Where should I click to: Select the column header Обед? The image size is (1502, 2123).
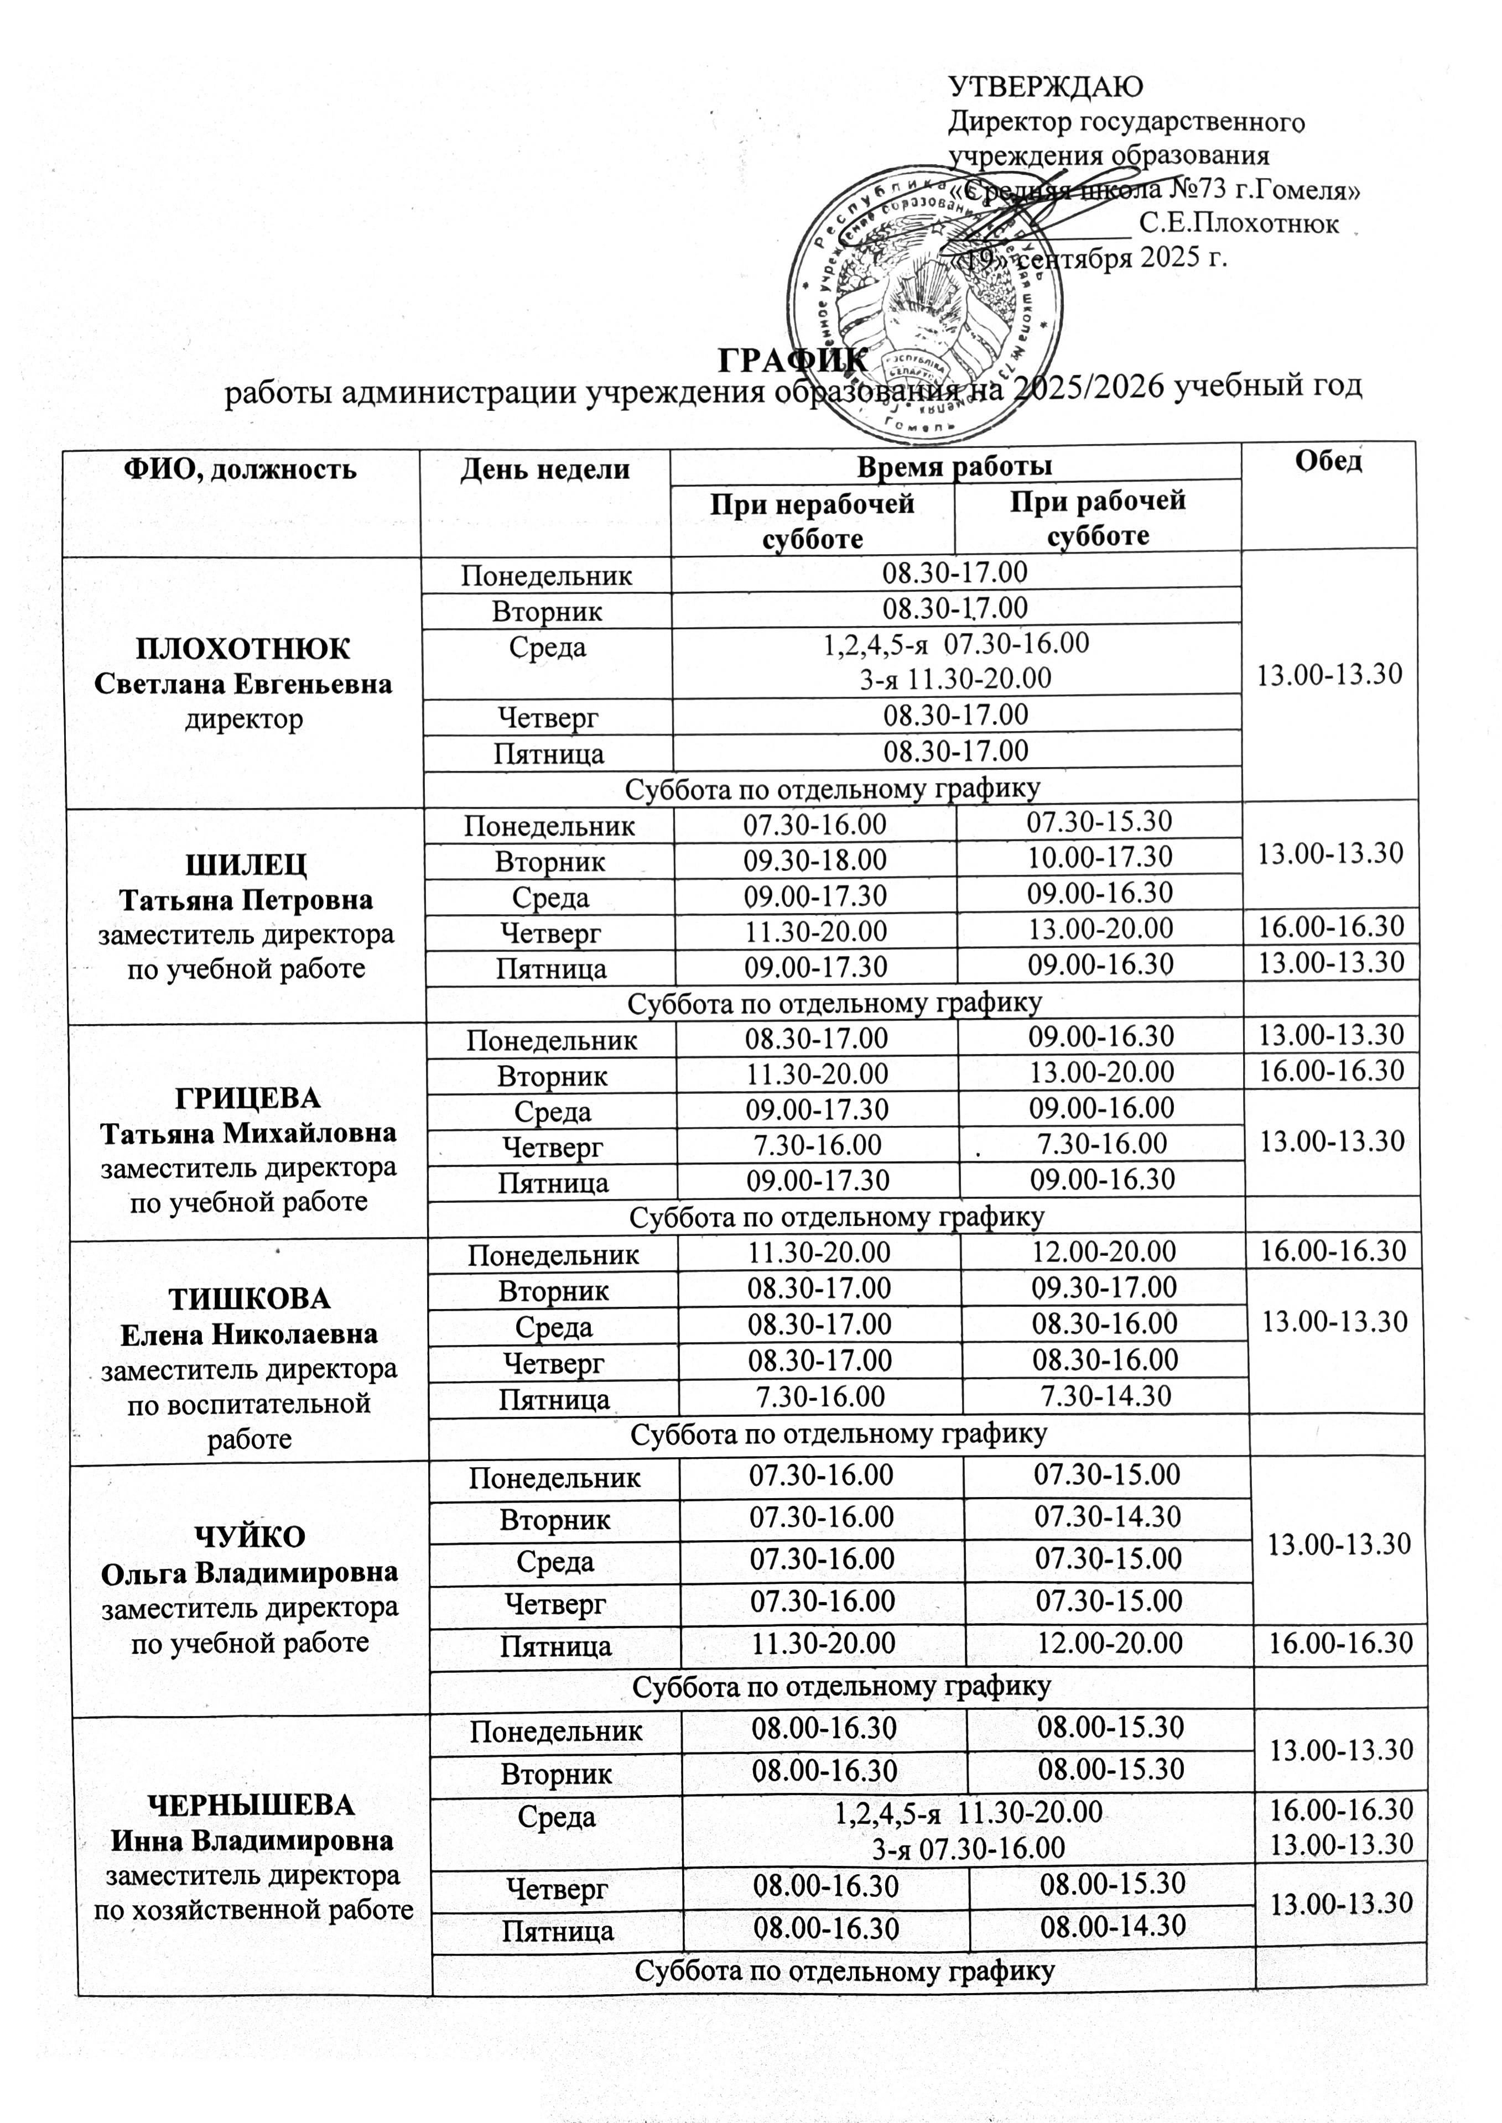tap(1328, 461)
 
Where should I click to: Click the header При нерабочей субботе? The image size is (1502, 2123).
tap(812, 520)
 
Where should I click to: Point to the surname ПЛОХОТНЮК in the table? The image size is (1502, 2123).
tap(243, 649)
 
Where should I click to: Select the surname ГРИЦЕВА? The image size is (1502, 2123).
tap(248, 1098)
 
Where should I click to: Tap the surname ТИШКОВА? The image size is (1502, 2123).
tap(249, 1299)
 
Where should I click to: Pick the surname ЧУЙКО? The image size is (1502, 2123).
tap(250, 1537)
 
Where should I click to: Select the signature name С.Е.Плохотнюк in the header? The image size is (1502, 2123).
tap(1239, 224)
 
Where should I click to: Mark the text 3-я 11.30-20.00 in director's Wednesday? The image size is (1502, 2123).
tap(955, 679)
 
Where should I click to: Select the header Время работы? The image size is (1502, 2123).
tap(954, 467)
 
